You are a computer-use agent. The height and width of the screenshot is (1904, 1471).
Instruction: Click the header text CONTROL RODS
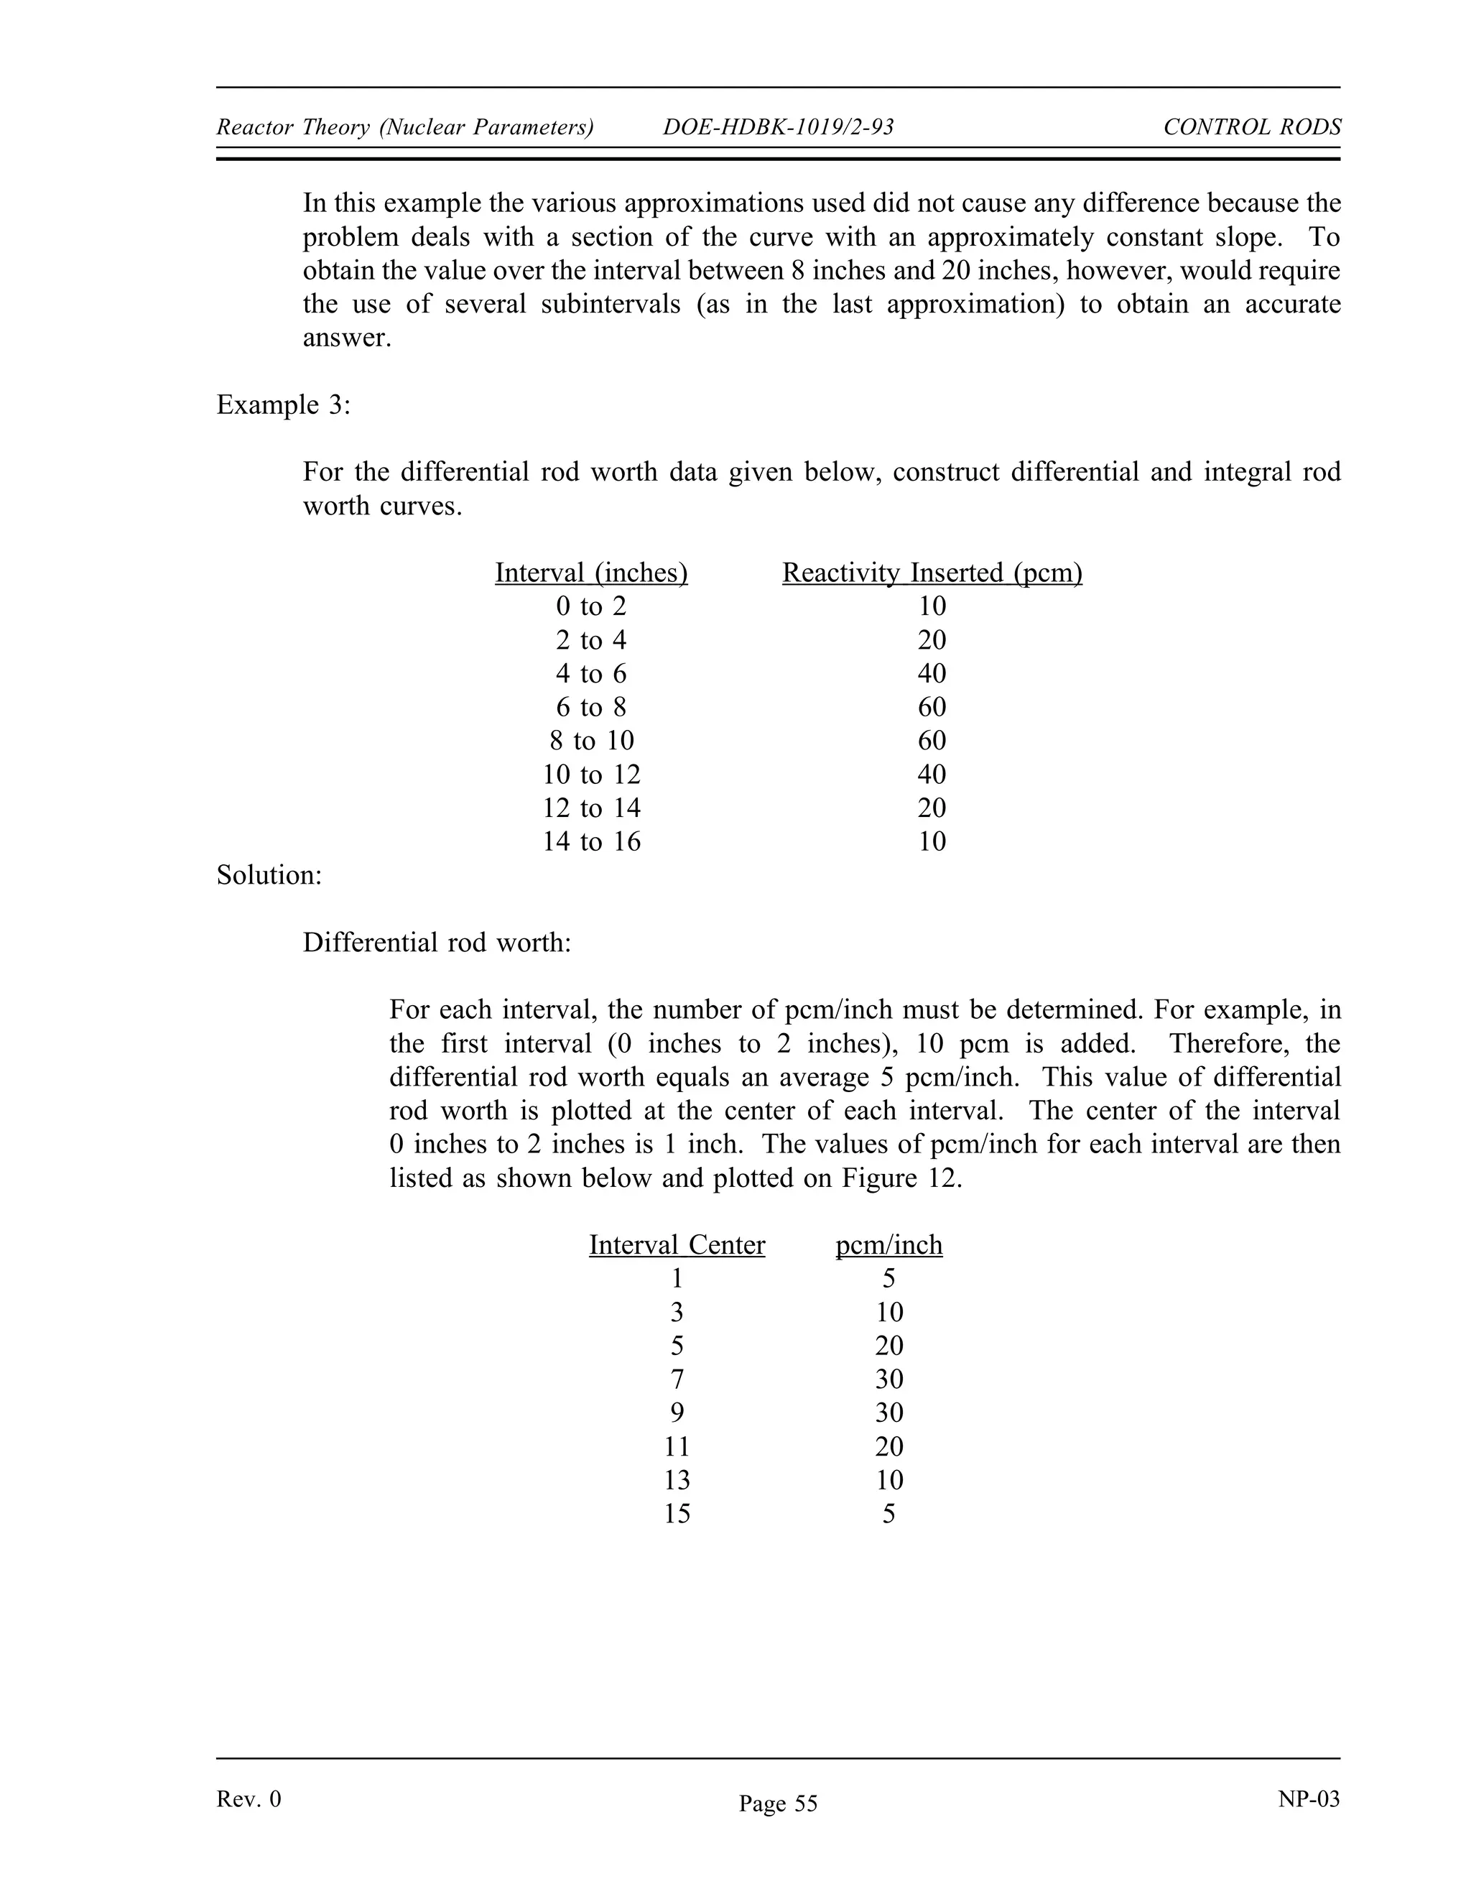click(x=1251, y=127)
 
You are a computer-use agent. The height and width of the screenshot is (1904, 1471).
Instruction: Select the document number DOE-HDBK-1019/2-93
click(x=778, y=127)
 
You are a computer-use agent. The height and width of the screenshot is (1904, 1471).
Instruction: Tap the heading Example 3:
click(x=283, y=405)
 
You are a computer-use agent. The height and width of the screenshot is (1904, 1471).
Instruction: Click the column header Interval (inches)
click(x=591, y=573)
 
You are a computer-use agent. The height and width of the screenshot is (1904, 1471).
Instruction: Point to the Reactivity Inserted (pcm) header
click(x=932, y=573)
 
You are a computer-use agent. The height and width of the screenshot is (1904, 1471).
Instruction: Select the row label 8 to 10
click(x=591, y=741)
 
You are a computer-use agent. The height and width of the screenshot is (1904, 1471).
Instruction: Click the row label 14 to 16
click(x=591, y=841)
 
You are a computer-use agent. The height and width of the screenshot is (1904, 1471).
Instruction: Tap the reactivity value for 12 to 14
click(x=932, y=808)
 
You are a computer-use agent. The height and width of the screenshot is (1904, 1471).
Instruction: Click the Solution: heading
click(x=269, y=875)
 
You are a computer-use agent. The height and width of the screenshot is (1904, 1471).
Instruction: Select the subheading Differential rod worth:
click(x=437, y=943)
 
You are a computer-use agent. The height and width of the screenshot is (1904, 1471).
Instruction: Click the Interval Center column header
click(x=677, y=1245)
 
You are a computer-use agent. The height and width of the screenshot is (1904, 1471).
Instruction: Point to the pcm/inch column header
click(x=889, y=1245)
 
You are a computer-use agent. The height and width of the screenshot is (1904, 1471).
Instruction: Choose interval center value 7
click(x=677, y=1380)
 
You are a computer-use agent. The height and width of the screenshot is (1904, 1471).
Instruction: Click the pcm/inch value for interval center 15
click(x=889, y=1513)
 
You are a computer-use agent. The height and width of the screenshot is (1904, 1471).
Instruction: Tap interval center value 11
click(x=677, y=1446)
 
